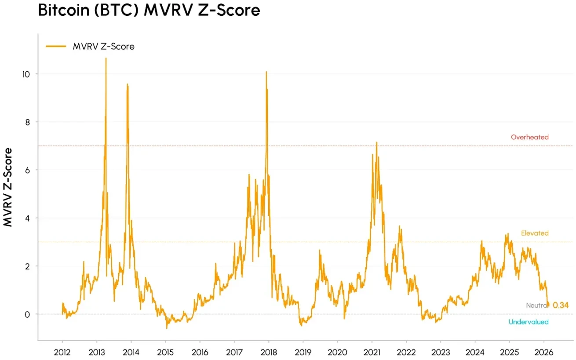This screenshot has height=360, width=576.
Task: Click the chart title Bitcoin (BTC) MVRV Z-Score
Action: [149, 11]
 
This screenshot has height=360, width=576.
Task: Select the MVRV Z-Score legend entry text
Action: [103, 47]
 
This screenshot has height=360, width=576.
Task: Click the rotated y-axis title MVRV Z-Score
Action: [8, 187]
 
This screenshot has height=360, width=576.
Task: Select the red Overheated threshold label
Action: [529, 137]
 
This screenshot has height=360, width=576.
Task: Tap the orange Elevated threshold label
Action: [535, 233]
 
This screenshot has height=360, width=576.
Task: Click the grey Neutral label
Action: [537, 305]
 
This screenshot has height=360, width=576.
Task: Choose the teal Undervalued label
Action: [529, 322]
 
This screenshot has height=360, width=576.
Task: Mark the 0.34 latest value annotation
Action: [561, 305]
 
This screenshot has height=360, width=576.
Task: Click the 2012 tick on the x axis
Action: [62, 352]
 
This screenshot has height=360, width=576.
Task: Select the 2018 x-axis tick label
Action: [268, 352]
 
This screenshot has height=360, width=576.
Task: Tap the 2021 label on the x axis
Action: [372, 352]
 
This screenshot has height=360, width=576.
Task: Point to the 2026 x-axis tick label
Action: [543, 352]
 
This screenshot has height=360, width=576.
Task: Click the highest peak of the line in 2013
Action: [106, 58]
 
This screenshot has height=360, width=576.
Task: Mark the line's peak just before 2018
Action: [266, 72]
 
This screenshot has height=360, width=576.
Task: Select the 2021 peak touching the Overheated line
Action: [376, 142]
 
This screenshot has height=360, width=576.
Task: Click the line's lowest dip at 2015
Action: [167, 328]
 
